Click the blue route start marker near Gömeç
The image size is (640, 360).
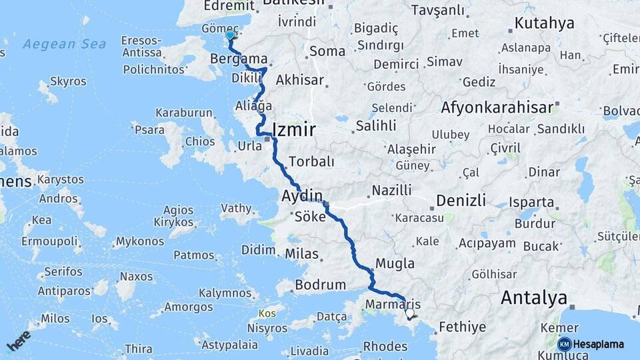pyautogui.click(x=230, y=35)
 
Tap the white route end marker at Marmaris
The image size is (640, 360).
pyautogui.click(x=409, y=313)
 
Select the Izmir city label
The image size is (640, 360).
pyautogui.click(x=293, y=129)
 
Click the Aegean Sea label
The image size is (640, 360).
pyautogui.click(x=64, y=44)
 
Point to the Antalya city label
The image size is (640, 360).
pyautogui.click(x=533, y=298)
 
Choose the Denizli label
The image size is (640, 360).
pyautogui.click(x=463, y=200)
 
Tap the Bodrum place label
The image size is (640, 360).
pyautogui.click(x=320, y=285)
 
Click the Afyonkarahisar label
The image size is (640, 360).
pyautogui.click(x=497, y=107)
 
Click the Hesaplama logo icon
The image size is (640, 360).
pyautogui.click(x=564, y=344)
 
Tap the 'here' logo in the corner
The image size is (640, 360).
pyautogui.click(x=19, y=341)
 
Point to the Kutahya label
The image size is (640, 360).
pyautogui.click(x=544, y=24)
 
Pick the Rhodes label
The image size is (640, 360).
pyautogui.click(x=385, y=347)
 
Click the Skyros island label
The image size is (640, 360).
pyautogui.click(x=67, y=81)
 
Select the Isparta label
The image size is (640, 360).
pyautogui.click(x=531, y=201)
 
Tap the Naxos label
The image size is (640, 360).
pyautogui.click(x=136, y=277)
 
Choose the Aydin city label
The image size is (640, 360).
pyautogui.click(x=302, y=196)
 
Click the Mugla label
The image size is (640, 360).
pyautogui.click(x=395, y=263)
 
